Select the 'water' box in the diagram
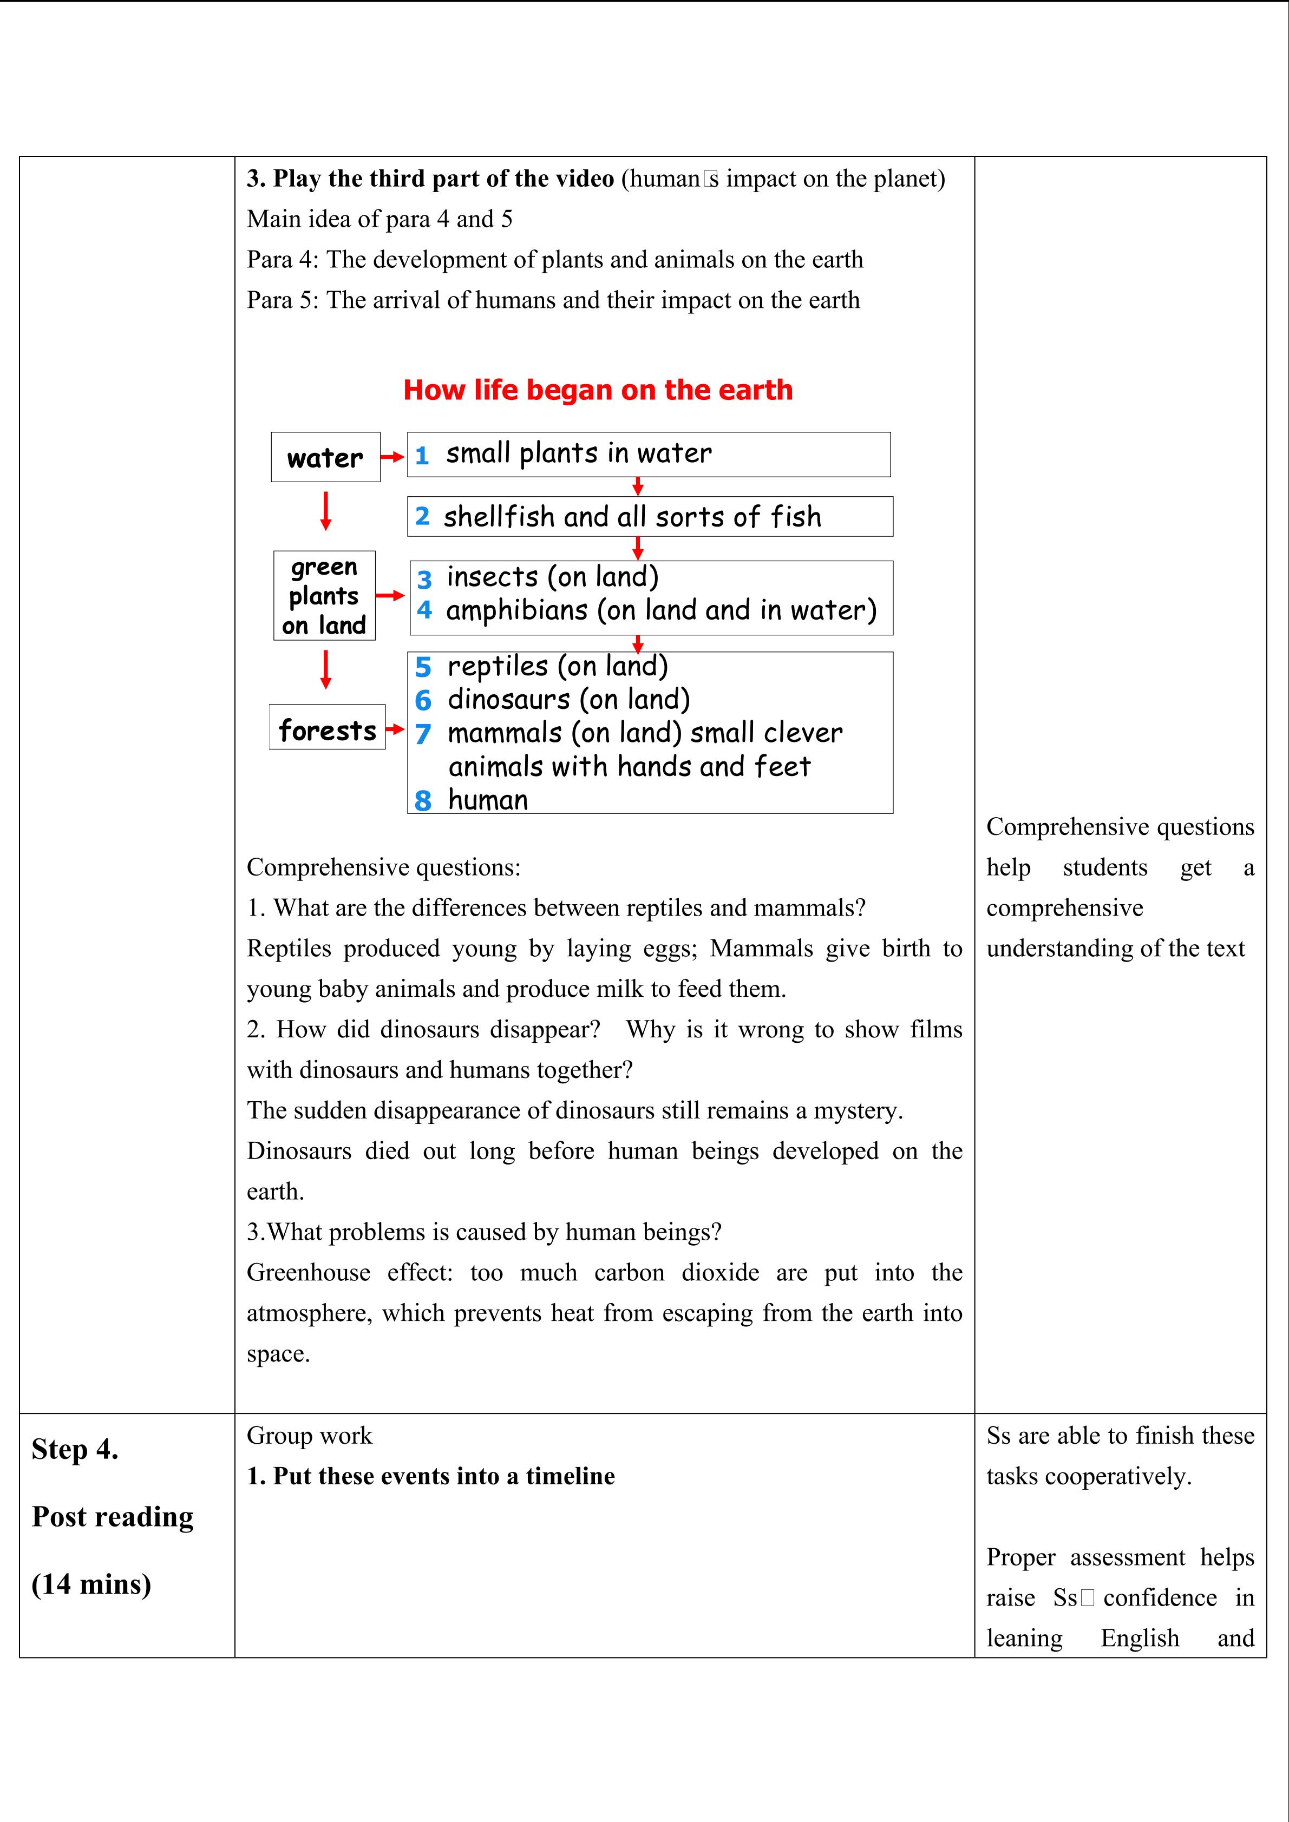click(x=325, y=457)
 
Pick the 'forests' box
click(x=327, y=728)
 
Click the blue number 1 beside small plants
click(x=422, y=456)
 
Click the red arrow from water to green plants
click(x=325, y=510)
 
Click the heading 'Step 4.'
click(x=75, y=1449)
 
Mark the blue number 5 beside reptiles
click(x=423, y=667)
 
